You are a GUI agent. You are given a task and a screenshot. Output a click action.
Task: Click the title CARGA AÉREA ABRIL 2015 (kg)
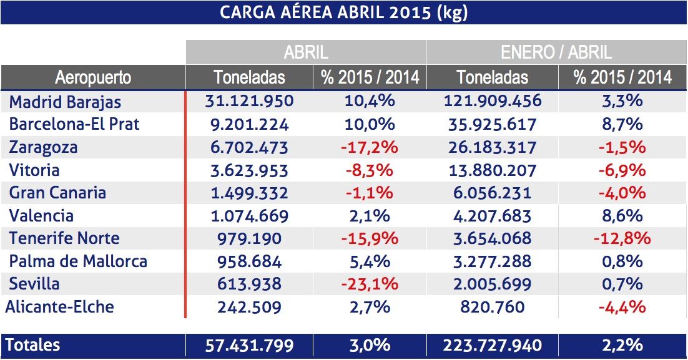(343, 12)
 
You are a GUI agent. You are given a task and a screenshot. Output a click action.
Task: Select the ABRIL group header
(306, 52)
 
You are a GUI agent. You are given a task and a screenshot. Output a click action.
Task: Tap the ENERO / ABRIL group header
(556, 52)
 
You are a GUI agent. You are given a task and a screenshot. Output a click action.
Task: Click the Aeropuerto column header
(93, 77)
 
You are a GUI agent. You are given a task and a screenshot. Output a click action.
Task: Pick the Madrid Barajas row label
(65, 102)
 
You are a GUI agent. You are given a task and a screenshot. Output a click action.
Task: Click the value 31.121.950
(249, 101)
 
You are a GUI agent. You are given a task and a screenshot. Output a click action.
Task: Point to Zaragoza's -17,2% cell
(370, 148)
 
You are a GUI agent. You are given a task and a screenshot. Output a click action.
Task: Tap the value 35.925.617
(492, 124)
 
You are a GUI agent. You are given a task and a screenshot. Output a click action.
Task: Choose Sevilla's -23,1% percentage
(370, 284)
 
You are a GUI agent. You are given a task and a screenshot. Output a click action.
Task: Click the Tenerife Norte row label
(64, 238)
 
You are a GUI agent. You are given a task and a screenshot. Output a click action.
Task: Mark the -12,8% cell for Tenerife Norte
(622, 238)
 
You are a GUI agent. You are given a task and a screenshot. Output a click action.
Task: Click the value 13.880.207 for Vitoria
(492, 170)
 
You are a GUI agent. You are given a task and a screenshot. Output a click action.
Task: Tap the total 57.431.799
(249, 345)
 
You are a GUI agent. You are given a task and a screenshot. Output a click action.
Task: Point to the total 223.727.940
(492, 345)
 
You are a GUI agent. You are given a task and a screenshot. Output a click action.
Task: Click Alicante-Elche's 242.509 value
(249, 307)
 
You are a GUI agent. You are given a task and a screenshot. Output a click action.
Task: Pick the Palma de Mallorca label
(77, 261)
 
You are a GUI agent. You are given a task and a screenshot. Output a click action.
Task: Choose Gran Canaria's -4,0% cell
(622, 193)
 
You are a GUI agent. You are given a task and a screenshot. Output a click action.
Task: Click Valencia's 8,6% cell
(622, 216)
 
